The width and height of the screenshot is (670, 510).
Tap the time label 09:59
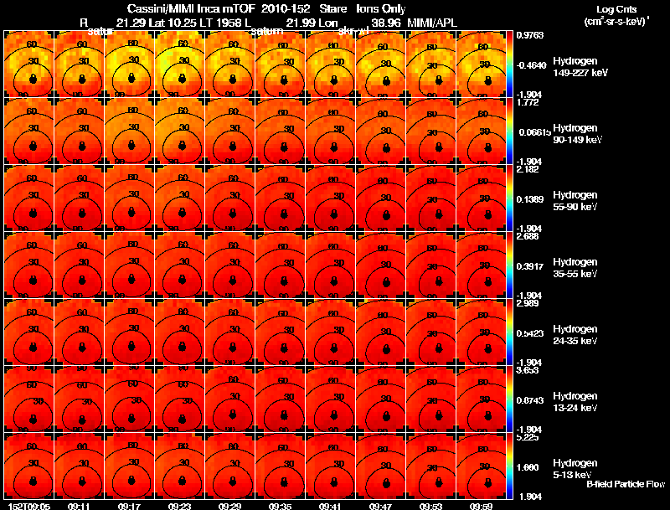481,506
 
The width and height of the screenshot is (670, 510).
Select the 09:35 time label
280,506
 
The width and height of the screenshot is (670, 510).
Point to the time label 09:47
380,506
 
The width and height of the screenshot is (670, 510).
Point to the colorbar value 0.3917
530,267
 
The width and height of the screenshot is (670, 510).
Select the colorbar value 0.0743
530,401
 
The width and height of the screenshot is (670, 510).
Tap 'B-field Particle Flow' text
626,484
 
